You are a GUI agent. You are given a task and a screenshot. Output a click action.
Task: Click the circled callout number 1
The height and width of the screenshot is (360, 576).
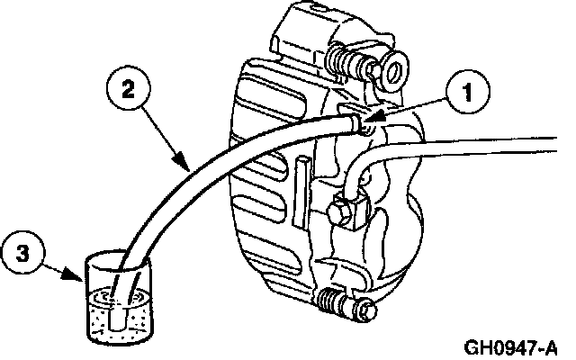(467, 92)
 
